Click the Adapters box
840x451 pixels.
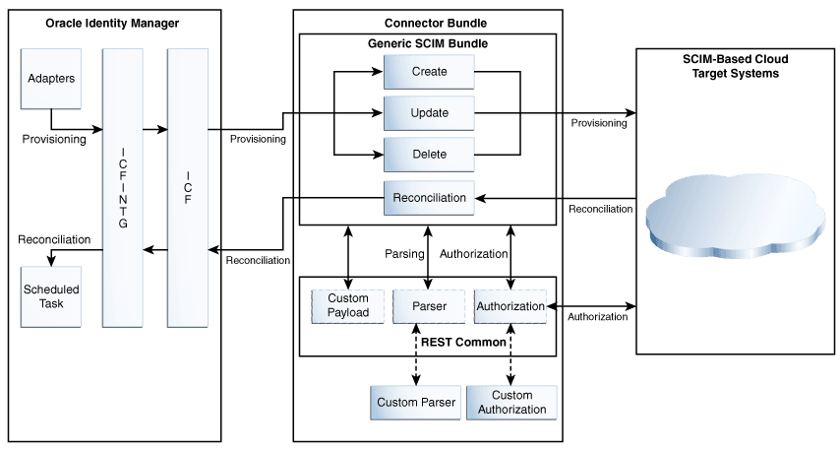pyautogui.click(x=51, y=77)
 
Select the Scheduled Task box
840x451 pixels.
pyautogui.click(x=51, y=296)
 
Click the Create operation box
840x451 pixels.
pyautogui.click(x=429, y=72)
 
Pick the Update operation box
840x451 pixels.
pyautogui.click(x=429, y=113)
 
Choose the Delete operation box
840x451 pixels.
pyautogui.click(x=429, y=155)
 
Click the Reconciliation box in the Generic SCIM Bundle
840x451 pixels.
pyautogui.click(x=429, y=198)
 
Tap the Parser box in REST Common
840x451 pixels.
pyautogui.click(x=429, y=306)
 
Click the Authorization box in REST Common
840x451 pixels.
pyautogui.click(x=510, y=306)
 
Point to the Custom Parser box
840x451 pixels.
pyautogui.click(x=416, y=403)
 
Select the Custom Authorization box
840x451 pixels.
pyautogui.click(x=511, y=403)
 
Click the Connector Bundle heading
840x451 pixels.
pyautogui.click(x=428, y=23)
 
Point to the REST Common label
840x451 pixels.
pyautogui.click(x=463, y=343)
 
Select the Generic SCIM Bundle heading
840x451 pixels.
pyautogui.click(x=428, y=44)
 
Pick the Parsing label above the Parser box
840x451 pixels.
pyautogui.click(x=403, y=254)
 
